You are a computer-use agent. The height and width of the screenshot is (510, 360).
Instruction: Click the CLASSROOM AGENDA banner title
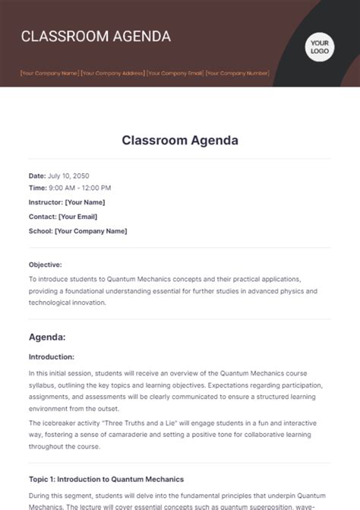pos(96,36)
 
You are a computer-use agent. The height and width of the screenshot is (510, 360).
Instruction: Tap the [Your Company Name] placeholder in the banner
pos(50,74)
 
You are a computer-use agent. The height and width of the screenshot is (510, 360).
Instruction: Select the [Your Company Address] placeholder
pos(113,74)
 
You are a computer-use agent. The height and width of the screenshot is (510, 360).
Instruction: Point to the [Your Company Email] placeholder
pos(175,74)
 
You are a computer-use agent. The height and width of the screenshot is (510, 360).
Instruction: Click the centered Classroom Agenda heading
pos(179,140)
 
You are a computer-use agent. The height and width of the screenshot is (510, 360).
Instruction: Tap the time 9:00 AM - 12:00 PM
pos(80,187)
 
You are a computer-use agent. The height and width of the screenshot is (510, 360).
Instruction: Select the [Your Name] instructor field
pos(85,202)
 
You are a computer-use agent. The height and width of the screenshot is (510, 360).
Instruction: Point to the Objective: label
pos(46,265)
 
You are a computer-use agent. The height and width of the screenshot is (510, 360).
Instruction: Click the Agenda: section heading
pos(47,335)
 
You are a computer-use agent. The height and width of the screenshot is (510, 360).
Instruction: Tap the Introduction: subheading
pos(52,356)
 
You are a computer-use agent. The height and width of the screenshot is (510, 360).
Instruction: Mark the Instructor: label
pos(45,202)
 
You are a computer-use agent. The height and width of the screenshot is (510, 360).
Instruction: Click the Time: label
pos(37,187)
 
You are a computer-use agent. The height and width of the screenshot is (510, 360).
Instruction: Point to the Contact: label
pos(42,216)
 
